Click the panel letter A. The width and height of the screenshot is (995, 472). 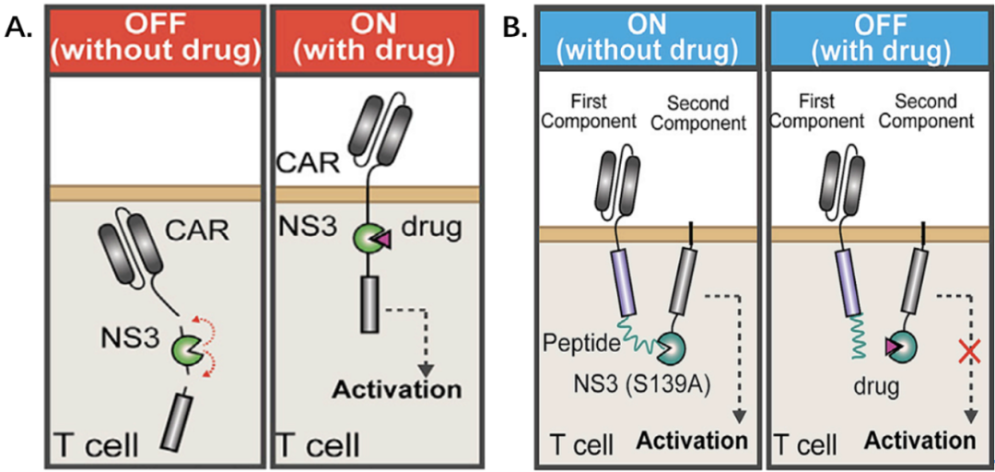click(18, 28)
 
